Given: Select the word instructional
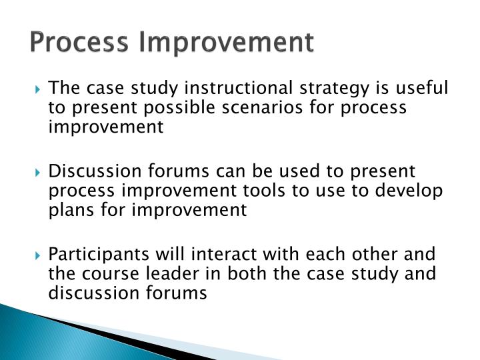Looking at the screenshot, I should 223,89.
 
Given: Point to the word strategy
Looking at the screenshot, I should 325,89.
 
